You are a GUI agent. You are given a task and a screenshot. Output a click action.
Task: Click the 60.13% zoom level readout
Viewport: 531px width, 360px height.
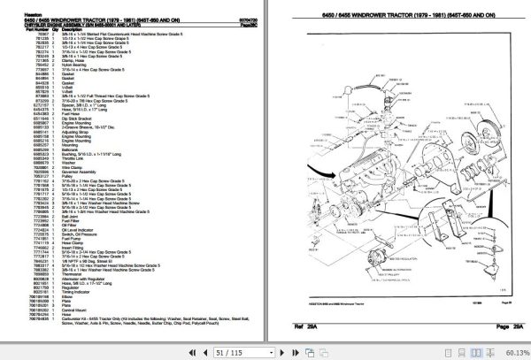(x=512, y=352)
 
